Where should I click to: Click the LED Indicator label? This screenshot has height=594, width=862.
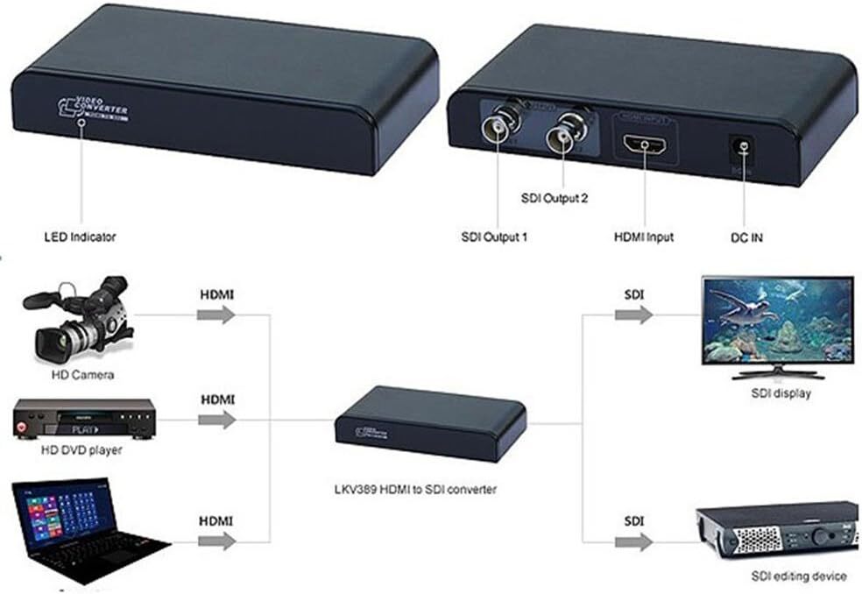coord(80,237)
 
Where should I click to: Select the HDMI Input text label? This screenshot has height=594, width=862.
coord(645,237)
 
